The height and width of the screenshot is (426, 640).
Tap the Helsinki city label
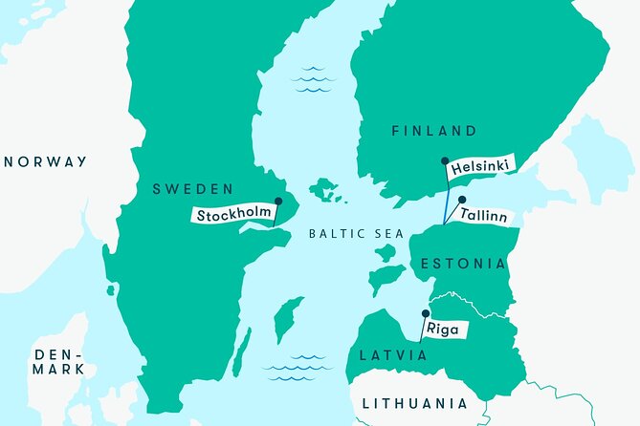(478, 166)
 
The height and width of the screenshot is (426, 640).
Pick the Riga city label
(442, 330)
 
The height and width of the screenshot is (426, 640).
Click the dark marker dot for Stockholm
(278, 202)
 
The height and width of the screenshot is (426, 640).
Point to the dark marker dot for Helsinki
(445, 162)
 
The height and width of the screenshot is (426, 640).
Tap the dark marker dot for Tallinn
(462, 200)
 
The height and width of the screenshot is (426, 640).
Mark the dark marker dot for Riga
(426, 312)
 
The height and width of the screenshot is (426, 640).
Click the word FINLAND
(433, 131)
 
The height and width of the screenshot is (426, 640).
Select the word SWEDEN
(192, 189)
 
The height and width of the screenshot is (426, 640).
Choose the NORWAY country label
(45, 161)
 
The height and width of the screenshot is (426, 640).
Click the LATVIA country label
(391, 355)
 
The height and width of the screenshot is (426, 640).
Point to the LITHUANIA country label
(415, 403)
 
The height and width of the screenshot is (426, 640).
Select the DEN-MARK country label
(58, 361)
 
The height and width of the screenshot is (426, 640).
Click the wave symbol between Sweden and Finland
(314, 80)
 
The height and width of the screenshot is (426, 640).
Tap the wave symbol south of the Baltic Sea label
(297, 369)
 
